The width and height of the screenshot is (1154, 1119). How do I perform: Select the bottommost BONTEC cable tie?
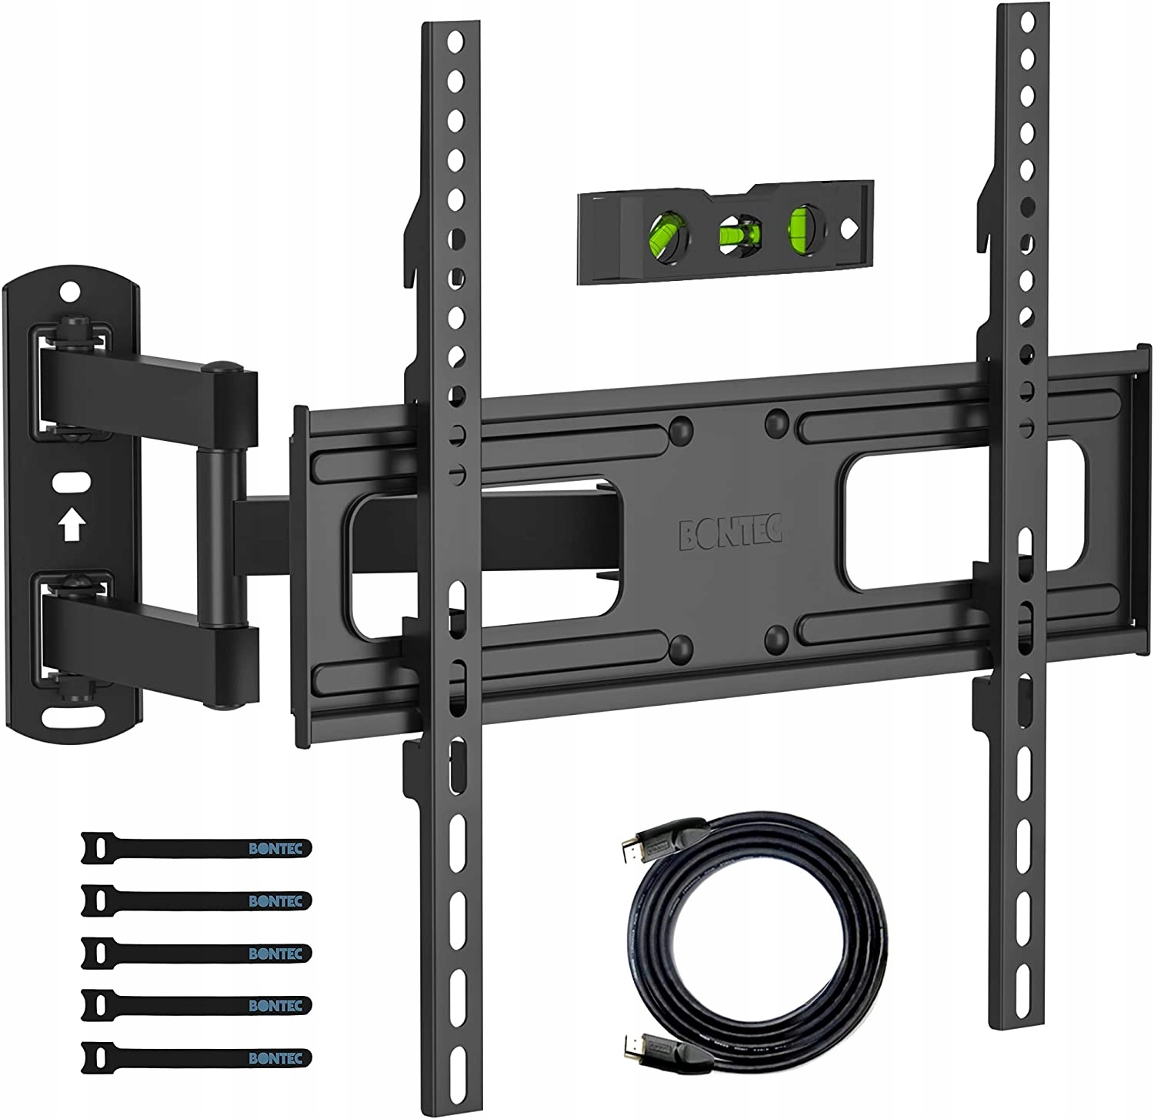pyautogui.click(x=196, y=1054)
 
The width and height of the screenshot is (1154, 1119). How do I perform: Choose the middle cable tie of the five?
pyautogui.click(x=196, y=951)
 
